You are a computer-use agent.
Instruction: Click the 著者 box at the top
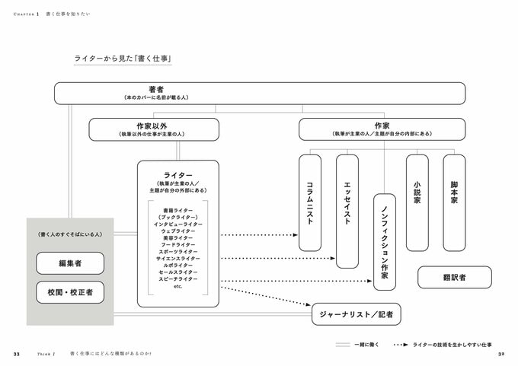(259, 93)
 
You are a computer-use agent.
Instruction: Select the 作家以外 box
(154, 129)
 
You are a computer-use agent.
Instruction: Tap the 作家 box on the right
(382, 129)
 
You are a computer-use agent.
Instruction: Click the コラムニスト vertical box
(310, 202)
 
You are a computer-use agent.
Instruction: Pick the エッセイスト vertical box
(347, 211)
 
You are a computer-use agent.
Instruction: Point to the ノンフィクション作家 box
(385, 241)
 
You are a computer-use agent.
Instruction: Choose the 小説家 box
(417, 202)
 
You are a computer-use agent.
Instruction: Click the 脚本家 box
(454, 202)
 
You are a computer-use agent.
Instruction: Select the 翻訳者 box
(454, 277)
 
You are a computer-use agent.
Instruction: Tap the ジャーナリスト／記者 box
(357, 313)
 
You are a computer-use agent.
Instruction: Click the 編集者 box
(70, 263)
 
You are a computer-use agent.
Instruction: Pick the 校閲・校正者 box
(70, 292)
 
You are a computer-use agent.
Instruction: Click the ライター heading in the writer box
(178, 176)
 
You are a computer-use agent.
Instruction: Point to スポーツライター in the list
(178, 250)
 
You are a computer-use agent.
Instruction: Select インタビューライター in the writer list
(178, 224)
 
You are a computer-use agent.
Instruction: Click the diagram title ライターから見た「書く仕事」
(123, 58)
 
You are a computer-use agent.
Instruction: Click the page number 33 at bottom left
(17, 355)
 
